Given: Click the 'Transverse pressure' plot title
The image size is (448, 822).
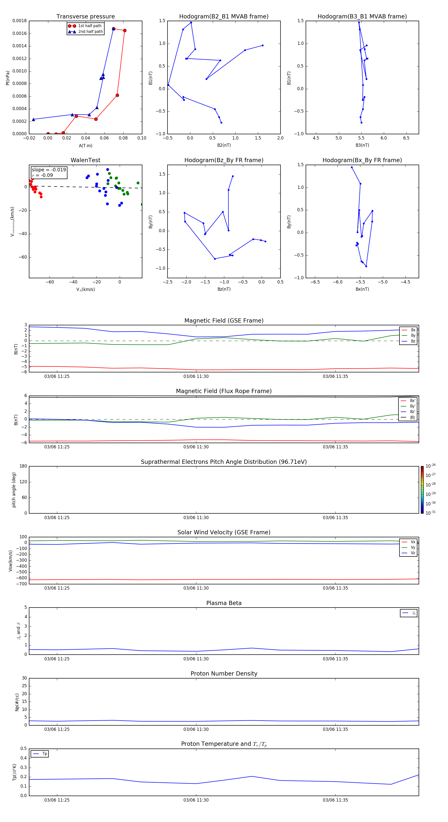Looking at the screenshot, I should [85, 17].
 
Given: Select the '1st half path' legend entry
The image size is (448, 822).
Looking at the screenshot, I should [90, 26].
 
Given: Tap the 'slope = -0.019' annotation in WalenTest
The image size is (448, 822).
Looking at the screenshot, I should [49, 170].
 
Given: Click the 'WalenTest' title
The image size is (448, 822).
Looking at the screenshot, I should [85, 160].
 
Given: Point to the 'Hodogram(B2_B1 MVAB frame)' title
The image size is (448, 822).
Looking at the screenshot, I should [224, 17].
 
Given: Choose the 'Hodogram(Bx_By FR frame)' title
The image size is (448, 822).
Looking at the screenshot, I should [362, 160].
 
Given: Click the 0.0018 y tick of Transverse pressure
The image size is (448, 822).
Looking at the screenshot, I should [19, 21].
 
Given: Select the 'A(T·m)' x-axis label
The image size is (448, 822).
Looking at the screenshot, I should [85, 146].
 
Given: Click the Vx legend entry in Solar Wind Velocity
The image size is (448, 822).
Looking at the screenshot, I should [413, 542].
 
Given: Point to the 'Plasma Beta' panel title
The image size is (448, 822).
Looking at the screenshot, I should [224, 603].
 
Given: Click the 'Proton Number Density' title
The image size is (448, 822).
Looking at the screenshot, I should [224, 674].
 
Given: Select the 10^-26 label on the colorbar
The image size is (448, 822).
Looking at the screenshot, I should [431, 466].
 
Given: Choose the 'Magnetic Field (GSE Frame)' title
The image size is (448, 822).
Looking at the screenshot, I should [224, 321].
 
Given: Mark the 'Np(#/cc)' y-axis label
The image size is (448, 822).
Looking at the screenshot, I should [17, 702].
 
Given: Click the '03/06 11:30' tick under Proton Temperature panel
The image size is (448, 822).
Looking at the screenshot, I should [196, 800].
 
